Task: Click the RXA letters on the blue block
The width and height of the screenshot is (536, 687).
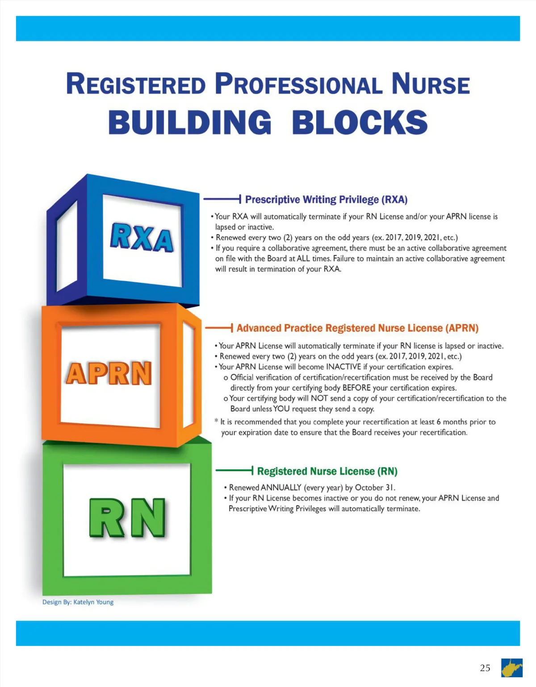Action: coord(142,238)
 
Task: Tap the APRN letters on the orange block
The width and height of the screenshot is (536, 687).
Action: coord(109,373)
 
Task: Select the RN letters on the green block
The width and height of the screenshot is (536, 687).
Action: coord(127,517)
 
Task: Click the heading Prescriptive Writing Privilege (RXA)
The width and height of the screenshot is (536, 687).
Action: coord(326,199)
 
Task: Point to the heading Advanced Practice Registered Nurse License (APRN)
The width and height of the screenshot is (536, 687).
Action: coord(357,328)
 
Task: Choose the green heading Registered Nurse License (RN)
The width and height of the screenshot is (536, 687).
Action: coord(327,472)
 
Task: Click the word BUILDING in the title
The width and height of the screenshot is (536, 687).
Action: coord(190,122)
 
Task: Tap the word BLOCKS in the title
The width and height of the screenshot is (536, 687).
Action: coord(360,122)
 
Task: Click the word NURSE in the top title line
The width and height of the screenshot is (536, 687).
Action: coord(431,84)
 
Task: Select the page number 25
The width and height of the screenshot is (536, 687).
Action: coord(485,668)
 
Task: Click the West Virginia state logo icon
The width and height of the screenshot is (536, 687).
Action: coord(512,668)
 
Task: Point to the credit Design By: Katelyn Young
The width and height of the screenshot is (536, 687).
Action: coord(78,602)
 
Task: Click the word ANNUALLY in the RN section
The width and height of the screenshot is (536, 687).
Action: coord(281,488)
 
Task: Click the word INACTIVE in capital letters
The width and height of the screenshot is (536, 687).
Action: coord(343,367)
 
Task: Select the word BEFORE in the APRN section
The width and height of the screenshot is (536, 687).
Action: coord(356,388)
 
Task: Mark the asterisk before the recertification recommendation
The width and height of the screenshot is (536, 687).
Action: coord(216,421)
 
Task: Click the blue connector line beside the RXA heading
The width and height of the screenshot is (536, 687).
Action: coord(222,199)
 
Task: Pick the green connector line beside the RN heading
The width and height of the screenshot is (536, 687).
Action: coord(234,470)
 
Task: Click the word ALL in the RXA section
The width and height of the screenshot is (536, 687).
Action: coord(303,259)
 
